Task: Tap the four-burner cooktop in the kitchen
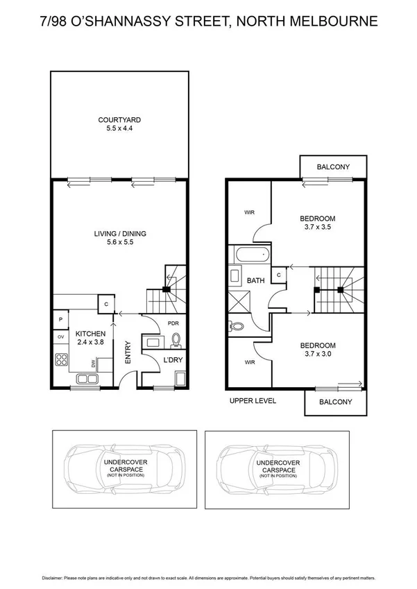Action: point(61,359)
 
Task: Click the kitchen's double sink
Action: point(87,379)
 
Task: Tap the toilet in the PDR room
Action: point(176,340)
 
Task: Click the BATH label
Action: point(255,281)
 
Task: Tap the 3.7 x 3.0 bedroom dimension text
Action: point(318,355)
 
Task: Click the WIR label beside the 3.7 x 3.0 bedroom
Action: point(248,361)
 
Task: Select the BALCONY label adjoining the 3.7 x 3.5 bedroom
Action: point(332,167)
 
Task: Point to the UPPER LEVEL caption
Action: point(253,401)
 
